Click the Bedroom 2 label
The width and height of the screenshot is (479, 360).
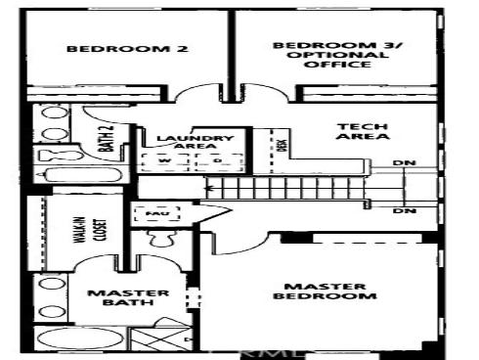[x=127, y=49]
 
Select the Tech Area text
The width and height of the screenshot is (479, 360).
[x=349, y=132]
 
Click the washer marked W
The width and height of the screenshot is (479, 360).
[x=163, y=161]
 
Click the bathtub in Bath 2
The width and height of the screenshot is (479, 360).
[x=78, y=175]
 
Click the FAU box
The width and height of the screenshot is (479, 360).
[x=152, y=212]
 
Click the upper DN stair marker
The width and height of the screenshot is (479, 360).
[x=401, y=162]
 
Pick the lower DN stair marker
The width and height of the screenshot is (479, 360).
[x=401, y=210]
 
